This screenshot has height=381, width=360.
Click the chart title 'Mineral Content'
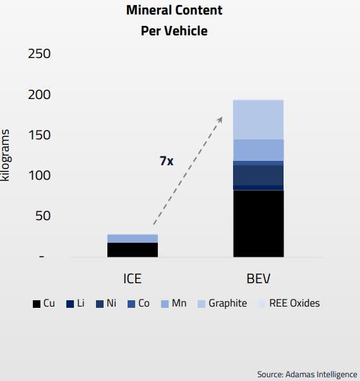pyautogui.click(x=174, y=11)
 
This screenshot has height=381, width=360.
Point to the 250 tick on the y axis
pyautogui.click(x=39, y=54)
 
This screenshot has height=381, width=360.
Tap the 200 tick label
pyautogui.click(x=39, y=95)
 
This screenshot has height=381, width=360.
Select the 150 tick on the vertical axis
pyautogui.click(x=39, y=135)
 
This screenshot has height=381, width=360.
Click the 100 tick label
pyautogui.click(x=39, y=175)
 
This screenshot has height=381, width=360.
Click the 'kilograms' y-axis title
pyautogui.click(x=6, y=155)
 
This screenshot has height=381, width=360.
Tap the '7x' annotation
pyautogui.click(x=165, y=161)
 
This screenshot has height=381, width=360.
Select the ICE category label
pyautogui.click(x=132, y=278)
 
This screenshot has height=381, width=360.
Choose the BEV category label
pyautogui.click(x=258, y=278)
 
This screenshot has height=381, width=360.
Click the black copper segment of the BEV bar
pyautogui.click(x=258, y=223)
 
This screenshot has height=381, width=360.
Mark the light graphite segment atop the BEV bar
pyautogui.click(x=258, y=120)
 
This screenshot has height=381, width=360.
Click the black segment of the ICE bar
pyautogui.click(x=132, y=250)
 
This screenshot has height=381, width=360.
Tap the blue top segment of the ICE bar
pyautogui.click(x=132, y=238)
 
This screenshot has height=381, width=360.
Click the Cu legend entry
pyautogui.click(x=44, y=303)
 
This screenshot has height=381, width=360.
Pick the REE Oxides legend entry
pyautogui.click(x=288, y=303)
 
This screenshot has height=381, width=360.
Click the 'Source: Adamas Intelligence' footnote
pyautogui.click(x=307, y=374)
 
